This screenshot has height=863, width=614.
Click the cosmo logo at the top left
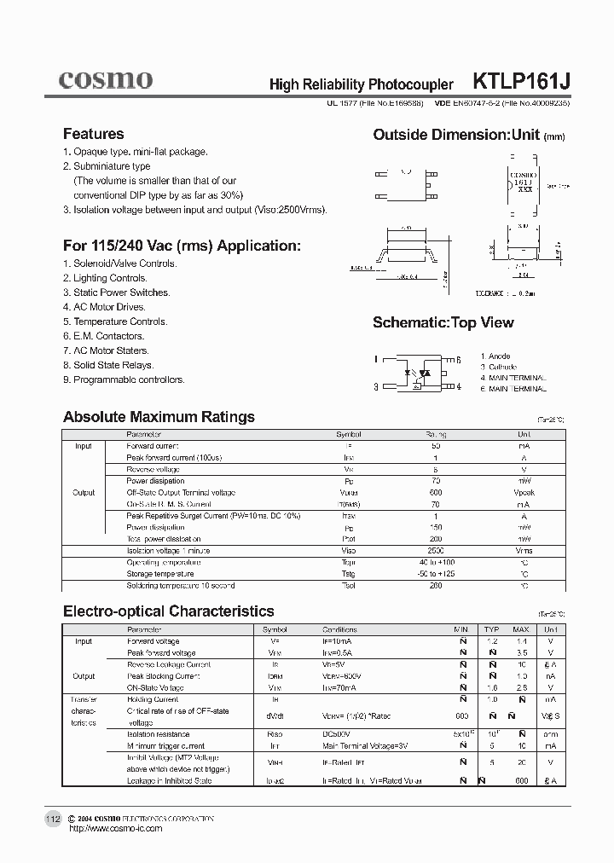click(105, 80)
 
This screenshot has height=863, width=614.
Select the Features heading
click(93, 134)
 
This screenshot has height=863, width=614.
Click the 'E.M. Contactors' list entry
click(105, 336)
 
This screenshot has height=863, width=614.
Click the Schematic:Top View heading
click(443, 322)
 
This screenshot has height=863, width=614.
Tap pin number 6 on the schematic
click(458, 360)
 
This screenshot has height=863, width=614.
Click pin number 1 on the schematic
click(376, 360)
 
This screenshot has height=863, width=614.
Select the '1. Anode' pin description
click(495, 356)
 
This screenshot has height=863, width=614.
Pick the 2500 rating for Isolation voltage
click(436, 551)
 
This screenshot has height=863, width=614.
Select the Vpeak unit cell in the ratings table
click(523, 493)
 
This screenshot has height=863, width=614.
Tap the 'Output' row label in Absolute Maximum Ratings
click(84, 493)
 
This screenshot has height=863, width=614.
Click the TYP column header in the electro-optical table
click(491, 629)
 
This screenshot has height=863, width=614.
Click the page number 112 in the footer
click(53, 820)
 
